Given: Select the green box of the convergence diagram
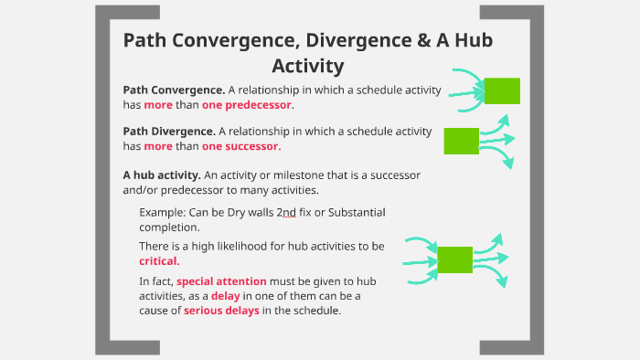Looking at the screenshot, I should (501, 90).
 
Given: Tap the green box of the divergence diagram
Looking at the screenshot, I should (461, 141).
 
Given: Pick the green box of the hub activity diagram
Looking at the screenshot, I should (455, 259).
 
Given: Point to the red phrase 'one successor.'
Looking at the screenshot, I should (241, 146).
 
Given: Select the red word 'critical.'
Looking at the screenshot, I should (159, 260).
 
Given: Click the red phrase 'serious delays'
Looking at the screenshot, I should (221, 311).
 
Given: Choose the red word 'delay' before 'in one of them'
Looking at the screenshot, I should (226, 296).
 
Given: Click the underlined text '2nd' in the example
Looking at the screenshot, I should (285, 212).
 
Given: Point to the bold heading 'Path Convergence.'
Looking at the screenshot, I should (174, 90).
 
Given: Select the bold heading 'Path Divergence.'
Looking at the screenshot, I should (169, 132).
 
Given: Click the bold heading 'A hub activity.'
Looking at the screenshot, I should (162, 175).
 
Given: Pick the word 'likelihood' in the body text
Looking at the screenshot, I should (247, 246).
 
